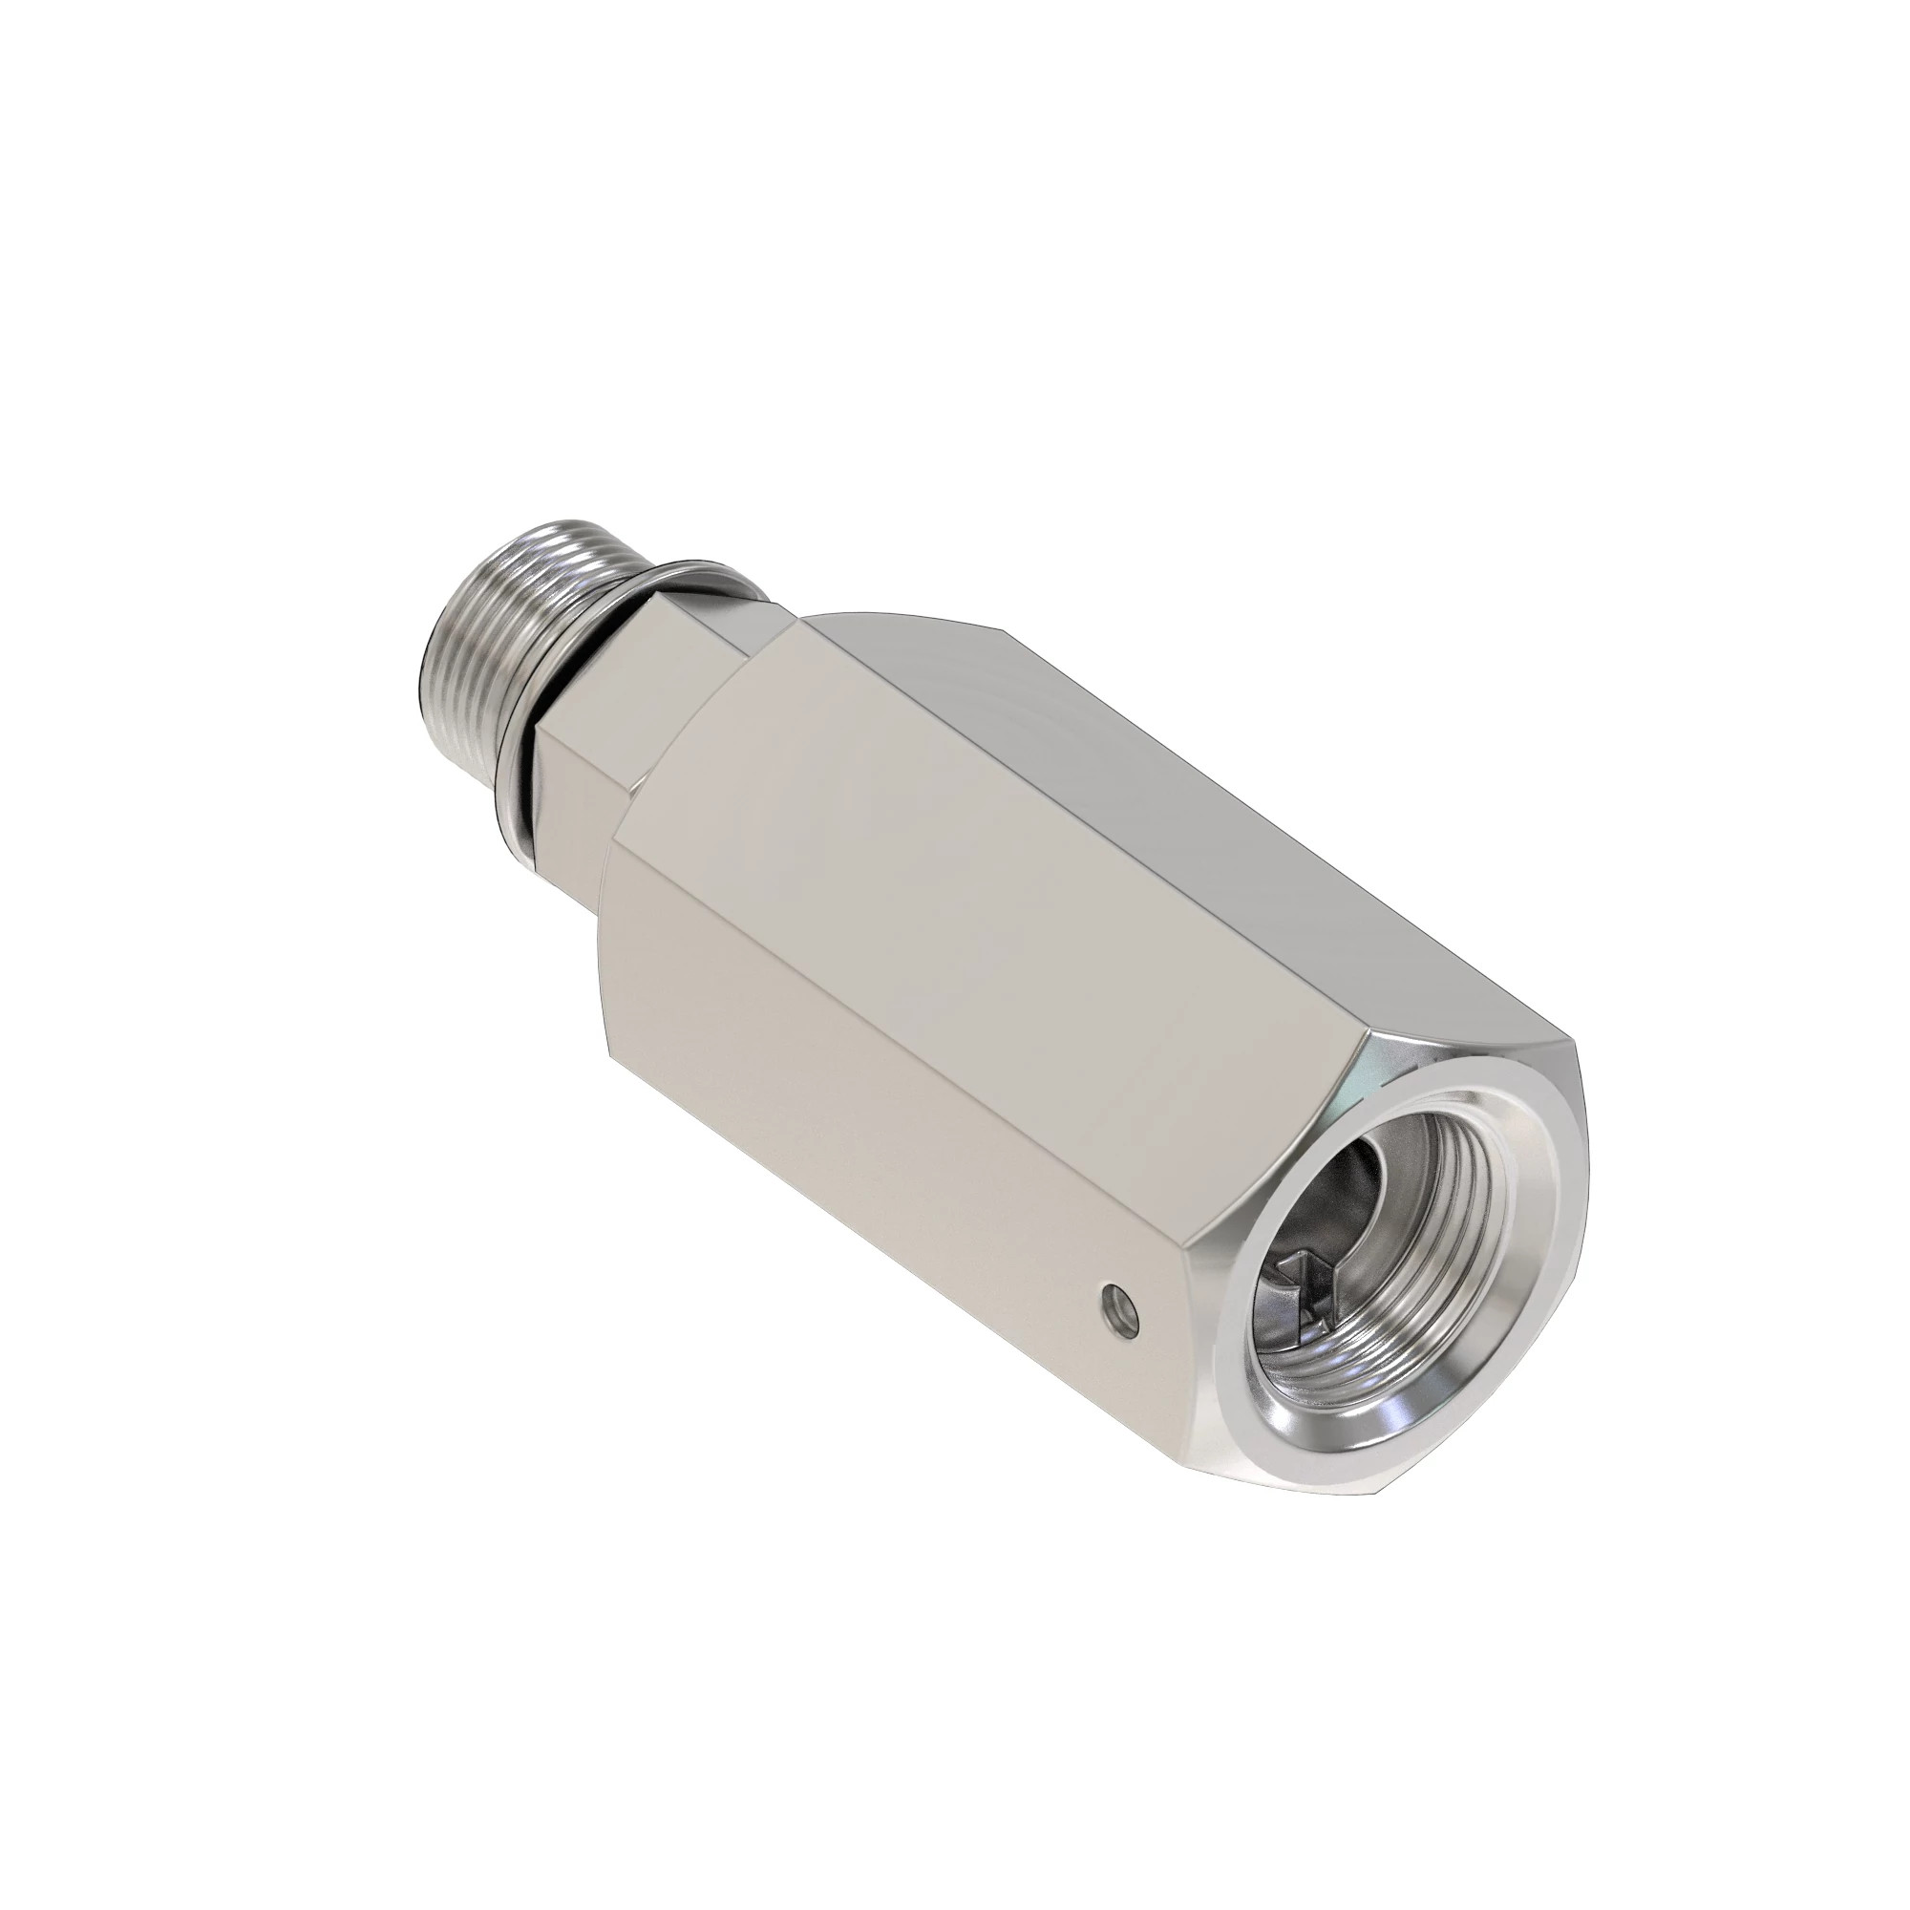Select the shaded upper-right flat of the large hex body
pyautogui.click(x=1136, y=752)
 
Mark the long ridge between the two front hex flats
pyautogui.click(x=890, y=968)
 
